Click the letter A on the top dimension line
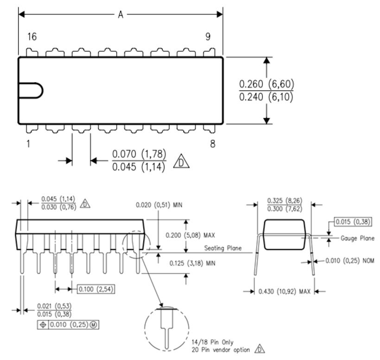pyautogui.click(x=120, y=14)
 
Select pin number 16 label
pyautogui.click(x=32, y=37)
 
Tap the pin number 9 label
pyautogui.click(x=208, y=37)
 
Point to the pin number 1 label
pyautogui.click(x=28, y=144)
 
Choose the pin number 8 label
pyautogui.click(x=213, y=144)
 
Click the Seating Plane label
pyautogui.click(x=223, y=248)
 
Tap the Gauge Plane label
pyautogui.click(x=357, y=238)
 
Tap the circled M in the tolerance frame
pyautogui.click(x=93, y=325)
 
